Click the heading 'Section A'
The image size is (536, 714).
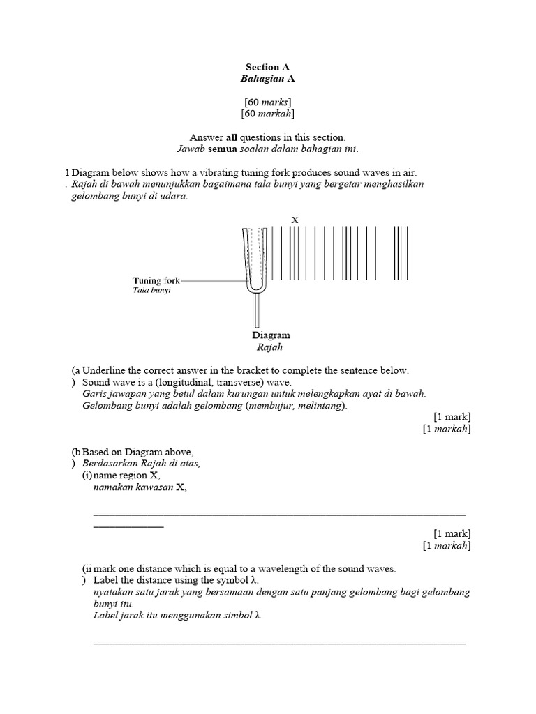tap(267, 68)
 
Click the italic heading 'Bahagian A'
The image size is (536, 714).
tap(267, 79)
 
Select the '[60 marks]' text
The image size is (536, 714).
tap(267, 102)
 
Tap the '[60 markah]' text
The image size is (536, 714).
tap(267, 113)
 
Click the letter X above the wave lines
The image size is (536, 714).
tap(295, 220)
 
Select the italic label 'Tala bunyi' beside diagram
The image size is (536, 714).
tap(151, 290)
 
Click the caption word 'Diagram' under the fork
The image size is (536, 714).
tap(271, 335)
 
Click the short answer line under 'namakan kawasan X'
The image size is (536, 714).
tap(128, 526)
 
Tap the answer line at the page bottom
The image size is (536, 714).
tap(279, 643)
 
